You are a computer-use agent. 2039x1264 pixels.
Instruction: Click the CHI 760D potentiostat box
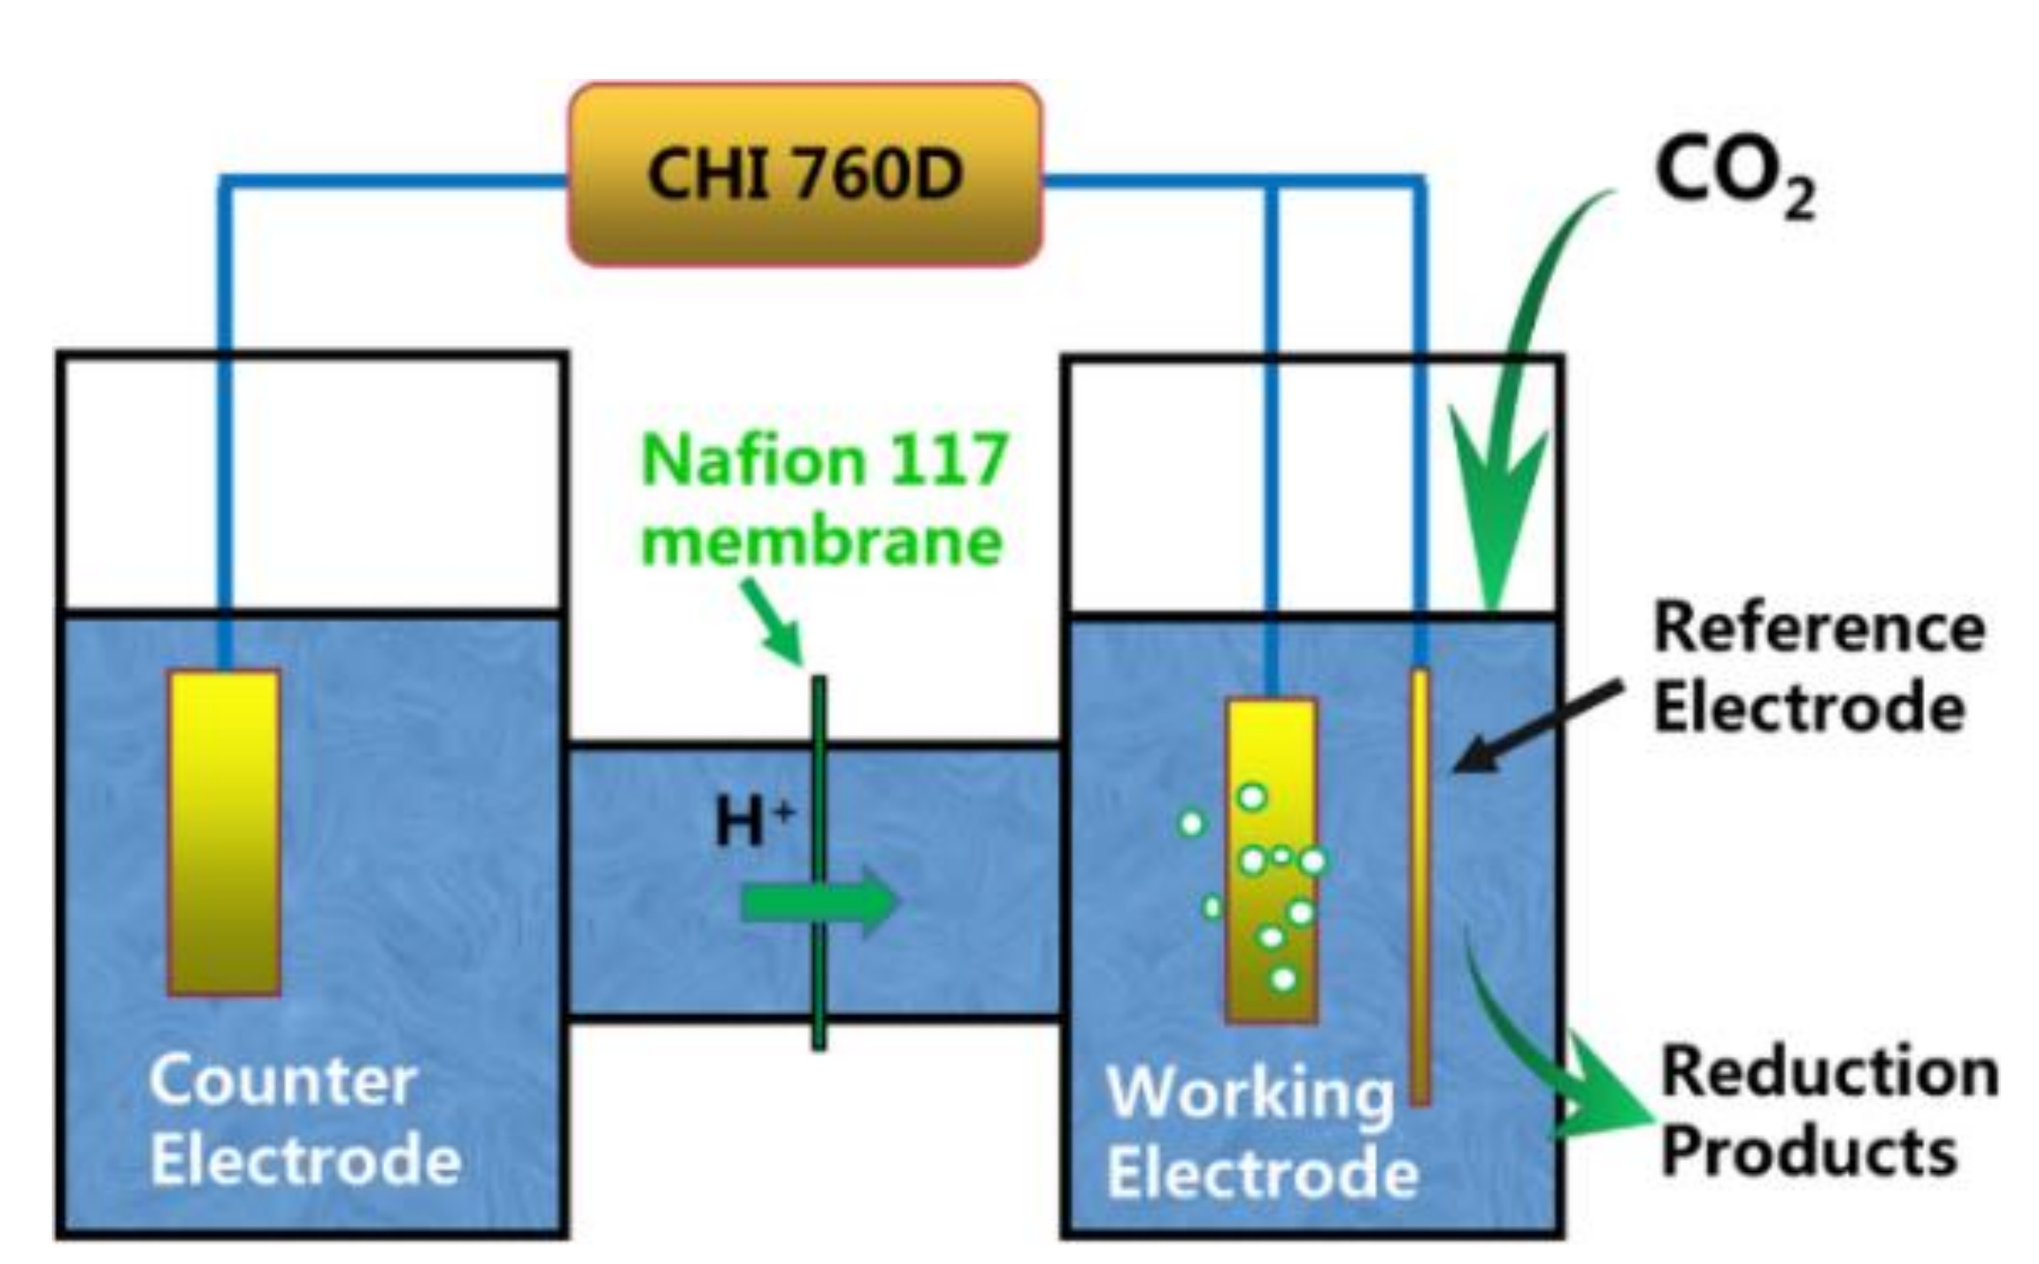point(804,174)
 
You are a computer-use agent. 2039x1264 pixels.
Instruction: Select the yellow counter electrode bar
point(224,832)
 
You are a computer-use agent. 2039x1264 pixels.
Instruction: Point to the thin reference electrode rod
point(1420,885)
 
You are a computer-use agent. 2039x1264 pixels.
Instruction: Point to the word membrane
point(821,541)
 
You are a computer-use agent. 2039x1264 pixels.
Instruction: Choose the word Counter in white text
point(282,1080)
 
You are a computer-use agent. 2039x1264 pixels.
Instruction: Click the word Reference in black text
point(1819,628)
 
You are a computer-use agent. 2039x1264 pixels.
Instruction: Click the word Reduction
point(1828,1072)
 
